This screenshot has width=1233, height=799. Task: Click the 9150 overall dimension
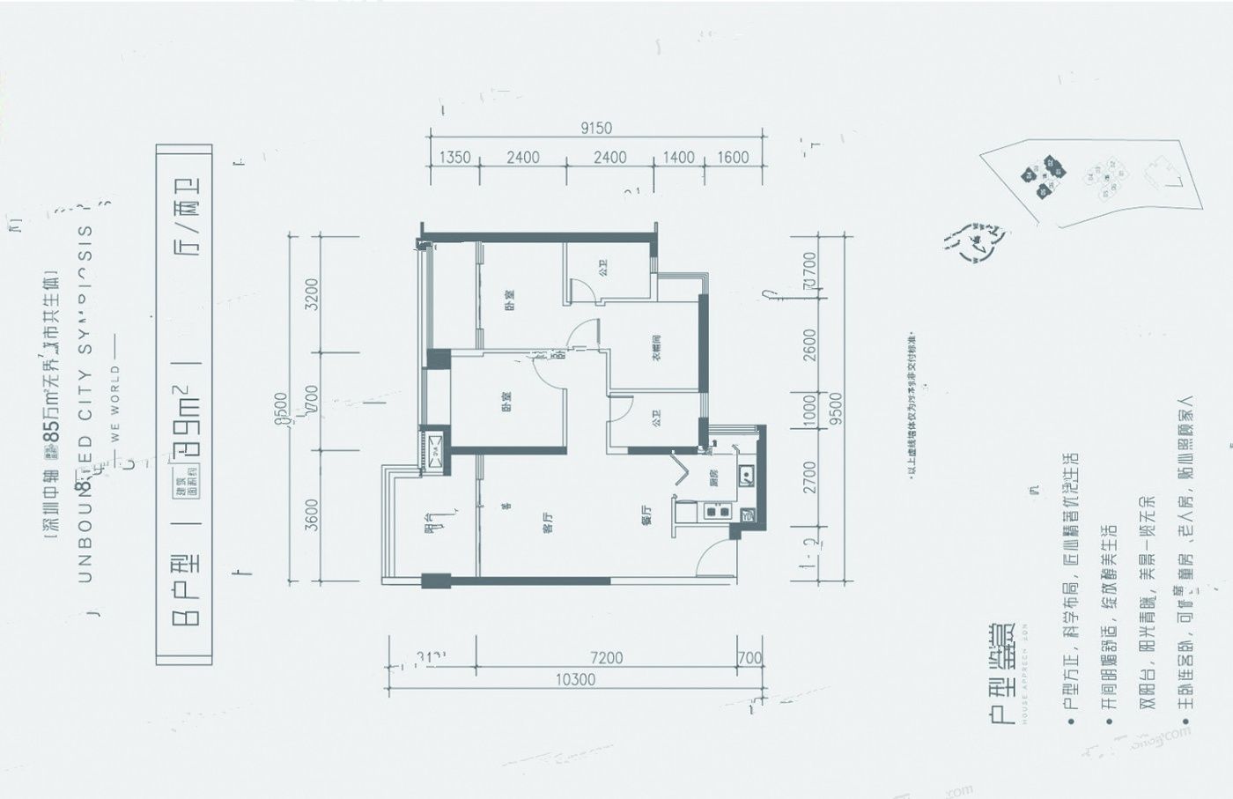point(596,128)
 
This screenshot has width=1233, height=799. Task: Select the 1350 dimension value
point(454,158)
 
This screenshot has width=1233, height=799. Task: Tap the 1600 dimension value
point(733,158)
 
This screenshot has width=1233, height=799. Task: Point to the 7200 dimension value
point(606,657)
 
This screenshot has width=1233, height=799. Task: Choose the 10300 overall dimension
point(575,679)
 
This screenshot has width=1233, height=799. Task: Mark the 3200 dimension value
point(311,293)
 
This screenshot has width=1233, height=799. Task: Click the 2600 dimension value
point(809,344)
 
